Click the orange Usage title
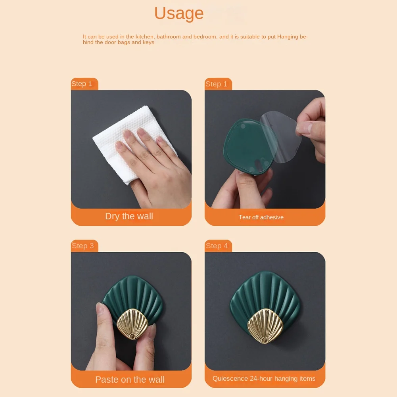click(x=179, y=13)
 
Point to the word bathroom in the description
click(x=169, y=37)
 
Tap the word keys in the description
click(x=148, y=42)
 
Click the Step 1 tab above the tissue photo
click(x=82, y=84)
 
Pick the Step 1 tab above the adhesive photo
click(x=216, y=84)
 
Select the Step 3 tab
click(x=82, y=246)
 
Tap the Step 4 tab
click(x=217, y=246)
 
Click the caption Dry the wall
click(x=129, y=217)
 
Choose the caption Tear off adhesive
click(x=261, y=217)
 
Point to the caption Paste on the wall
click(x=130, y=380)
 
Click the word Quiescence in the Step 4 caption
click(x=230, y=378)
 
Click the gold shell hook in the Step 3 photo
click(x=132, y=324)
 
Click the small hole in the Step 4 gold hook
click(x=264, y=340)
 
